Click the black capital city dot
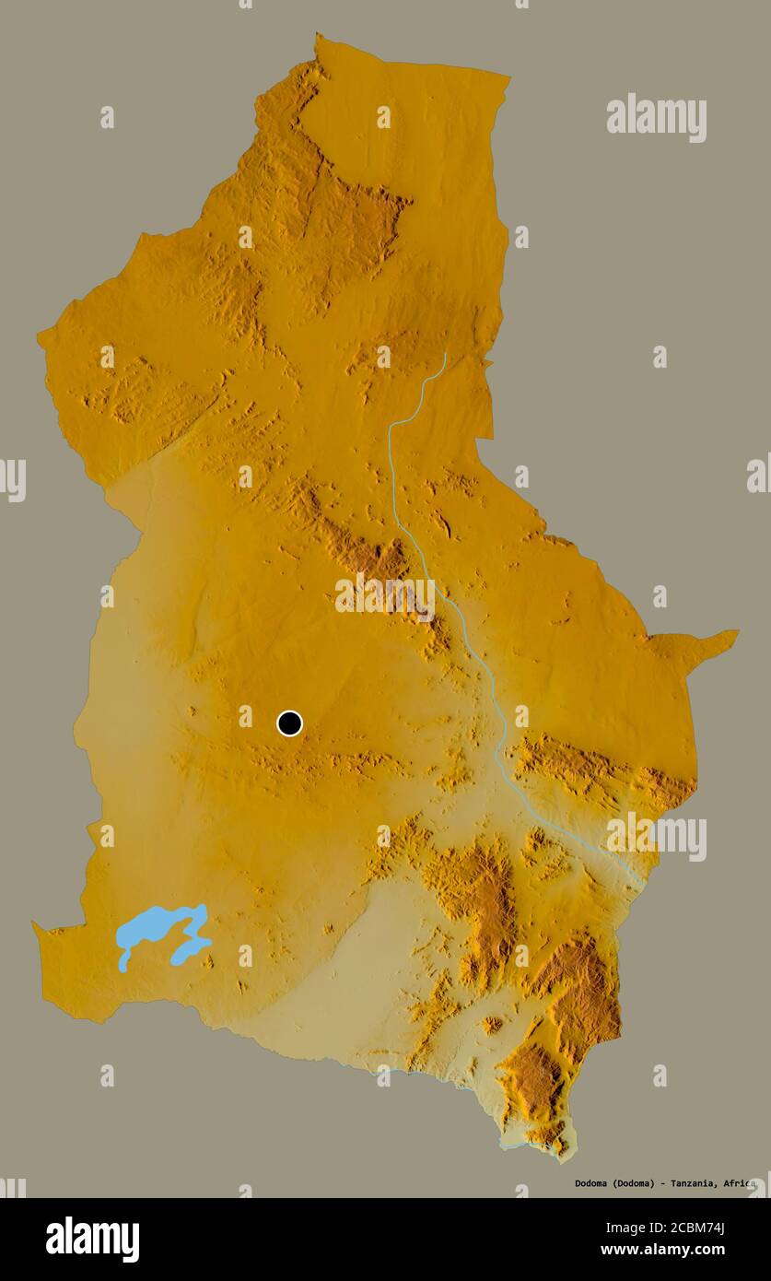(289, 723)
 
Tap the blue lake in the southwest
(157, 926)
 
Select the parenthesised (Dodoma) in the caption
(630, 1183)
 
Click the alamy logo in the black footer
(92, 1240)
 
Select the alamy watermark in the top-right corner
(656, 118)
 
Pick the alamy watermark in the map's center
(385, 596)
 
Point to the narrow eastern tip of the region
(734, 633)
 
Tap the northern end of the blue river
(445, 354)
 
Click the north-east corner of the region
(507, 77)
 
